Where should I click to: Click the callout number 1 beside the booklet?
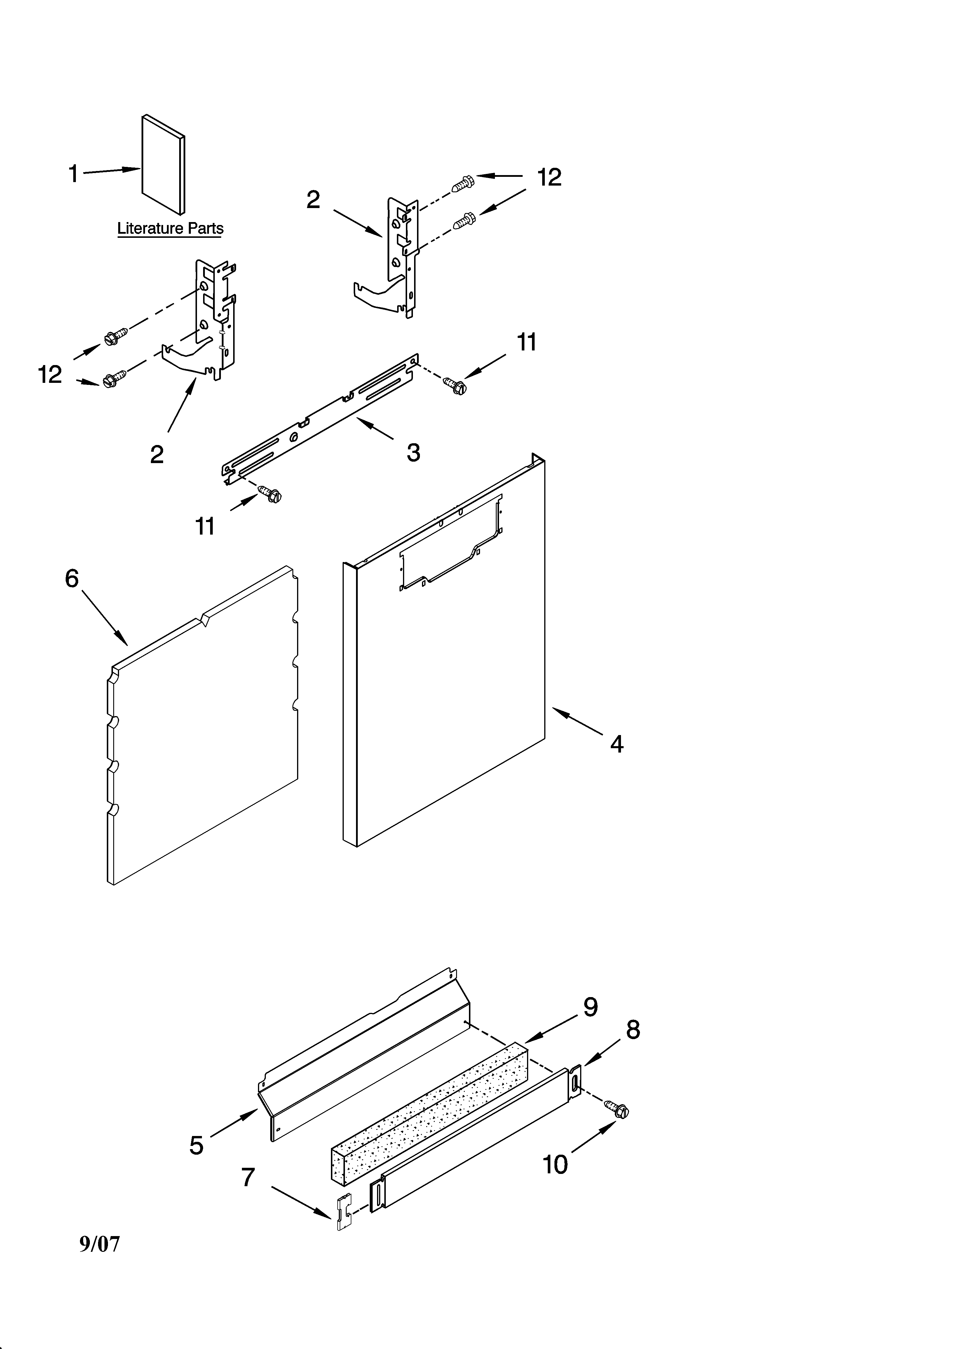click(73, 174)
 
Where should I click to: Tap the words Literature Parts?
click(170, 228)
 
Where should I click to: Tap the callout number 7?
click(248, 1177)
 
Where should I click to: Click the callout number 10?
click(555, 1165)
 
